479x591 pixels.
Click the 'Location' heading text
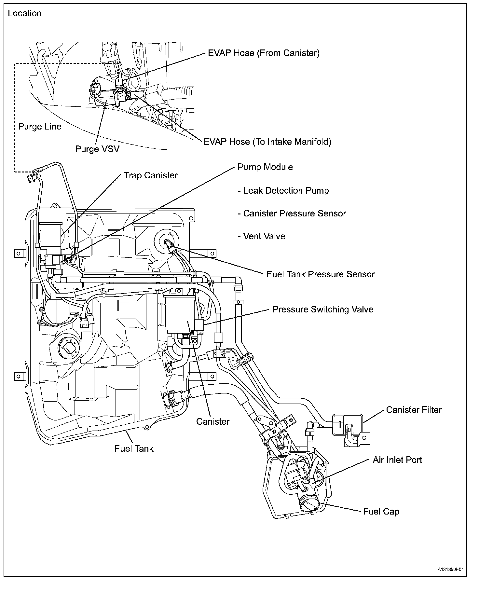pos(25,13)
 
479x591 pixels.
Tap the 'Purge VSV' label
pos(97,149)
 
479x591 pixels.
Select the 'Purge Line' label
pos(40,126)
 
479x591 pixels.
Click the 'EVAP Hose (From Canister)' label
pos(264,53)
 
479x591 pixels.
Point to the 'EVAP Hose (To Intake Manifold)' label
pos(267,142)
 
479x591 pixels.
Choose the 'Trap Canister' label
pos(150,175)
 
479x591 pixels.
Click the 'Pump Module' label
pos(265,167)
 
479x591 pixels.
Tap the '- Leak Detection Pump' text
pos(283,190)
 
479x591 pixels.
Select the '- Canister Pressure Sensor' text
pos(292,213)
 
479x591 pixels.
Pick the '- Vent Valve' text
pos(261,236)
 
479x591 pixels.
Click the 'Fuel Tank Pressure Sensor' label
pos(321,274)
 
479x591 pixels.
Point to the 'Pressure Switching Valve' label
pos(323,309)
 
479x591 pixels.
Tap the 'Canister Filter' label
pos(414,410)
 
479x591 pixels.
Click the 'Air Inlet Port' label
pos(397,460)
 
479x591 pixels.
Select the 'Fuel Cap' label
pos(381,512)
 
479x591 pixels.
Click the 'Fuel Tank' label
pos(134,448)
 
